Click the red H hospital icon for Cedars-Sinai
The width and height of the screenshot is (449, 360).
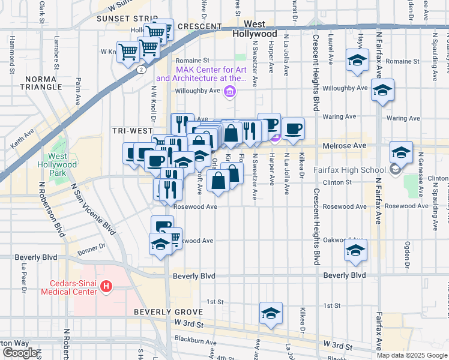(106, 287)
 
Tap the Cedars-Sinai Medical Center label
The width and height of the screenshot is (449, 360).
(68, 287)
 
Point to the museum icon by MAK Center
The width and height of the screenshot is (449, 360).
(229, 92)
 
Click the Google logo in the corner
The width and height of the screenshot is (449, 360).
(19, 353)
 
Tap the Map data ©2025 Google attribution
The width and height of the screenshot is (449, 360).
(412, 355)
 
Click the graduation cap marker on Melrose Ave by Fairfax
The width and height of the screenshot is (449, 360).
(401, 152)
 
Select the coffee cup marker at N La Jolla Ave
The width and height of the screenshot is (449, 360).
(293, 129)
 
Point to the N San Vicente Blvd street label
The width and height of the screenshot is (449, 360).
(92, 210)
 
